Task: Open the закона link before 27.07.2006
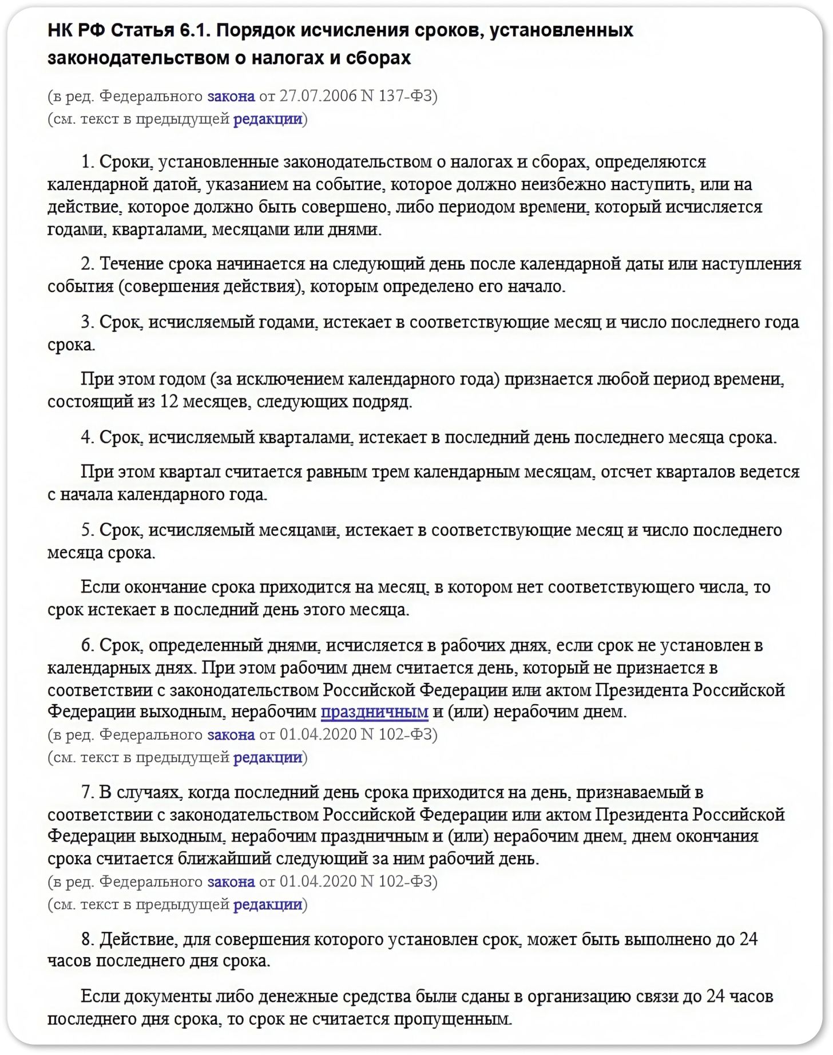[x=231, y=96]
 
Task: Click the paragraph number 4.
[x=87, y=437]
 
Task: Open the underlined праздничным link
[x=374, y=712]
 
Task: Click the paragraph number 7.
[x=87, y=792]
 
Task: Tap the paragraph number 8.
[x=87, y=939]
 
